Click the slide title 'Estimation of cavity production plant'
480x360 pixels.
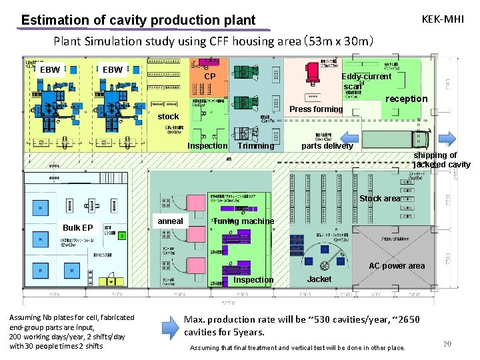[x=138, y=20]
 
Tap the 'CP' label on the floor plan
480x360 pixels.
[x=209, y=77]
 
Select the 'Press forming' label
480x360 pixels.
[x=316, y=109]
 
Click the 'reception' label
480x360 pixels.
[x=406, y=99]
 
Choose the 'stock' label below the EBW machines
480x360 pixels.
[x=168, y=117]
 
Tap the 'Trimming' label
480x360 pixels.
[x=255, y=146]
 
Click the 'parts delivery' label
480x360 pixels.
[x=327, y=146]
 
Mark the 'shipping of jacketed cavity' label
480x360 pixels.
[x=441, y=160]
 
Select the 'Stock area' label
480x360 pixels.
[x=379, y=199]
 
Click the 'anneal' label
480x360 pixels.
[x=170, y=221]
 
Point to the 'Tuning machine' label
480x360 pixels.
[x=243, y=221]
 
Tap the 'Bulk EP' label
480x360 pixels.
[x=77, y=228]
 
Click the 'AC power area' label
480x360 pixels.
[x=397, y=266]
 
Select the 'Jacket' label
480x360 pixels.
[x=319, y=279]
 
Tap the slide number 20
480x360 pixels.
[x=447, y=344]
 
